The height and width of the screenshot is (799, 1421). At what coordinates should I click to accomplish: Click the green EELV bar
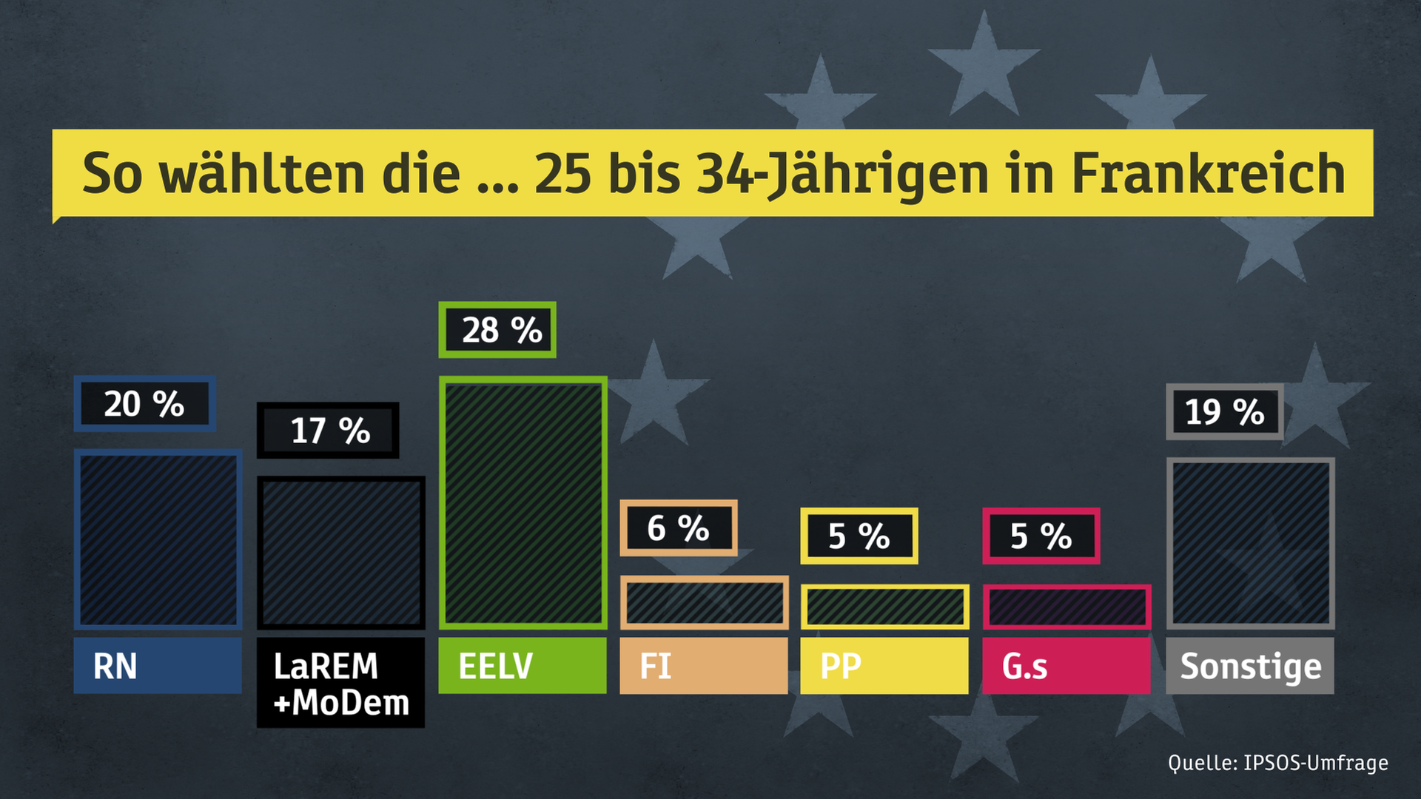point(523,503)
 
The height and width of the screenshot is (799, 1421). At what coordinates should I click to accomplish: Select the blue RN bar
point(158,539)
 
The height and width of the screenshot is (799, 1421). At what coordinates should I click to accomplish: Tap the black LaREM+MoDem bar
point(340,553)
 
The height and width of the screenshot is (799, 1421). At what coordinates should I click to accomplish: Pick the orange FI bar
point(704,602)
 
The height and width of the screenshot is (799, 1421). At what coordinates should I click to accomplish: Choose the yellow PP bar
point(884,607)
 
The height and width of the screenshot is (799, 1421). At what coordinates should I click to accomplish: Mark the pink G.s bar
point(1066,607)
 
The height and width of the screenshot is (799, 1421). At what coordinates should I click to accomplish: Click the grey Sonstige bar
point(1250,544)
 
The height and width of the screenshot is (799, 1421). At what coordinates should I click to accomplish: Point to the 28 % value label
point(497,330)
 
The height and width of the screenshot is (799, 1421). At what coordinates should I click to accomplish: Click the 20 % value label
point(144,404)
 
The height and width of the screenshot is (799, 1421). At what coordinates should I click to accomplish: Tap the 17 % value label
point(328,431)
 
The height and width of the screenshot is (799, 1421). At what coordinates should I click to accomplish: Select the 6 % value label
point(678,528)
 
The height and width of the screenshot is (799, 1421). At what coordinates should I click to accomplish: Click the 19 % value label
point(1224,412)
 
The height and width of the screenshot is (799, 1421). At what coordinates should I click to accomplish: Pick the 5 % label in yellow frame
point(859,536)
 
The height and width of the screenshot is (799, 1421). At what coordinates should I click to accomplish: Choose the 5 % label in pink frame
point(1041,536)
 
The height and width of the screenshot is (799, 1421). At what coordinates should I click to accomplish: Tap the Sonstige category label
point(1250,666)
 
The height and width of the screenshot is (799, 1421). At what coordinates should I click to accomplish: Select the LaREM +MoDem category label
point(340,684)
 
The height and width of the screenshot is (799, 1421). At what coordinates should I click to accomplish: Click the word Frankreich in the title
point(1208,174)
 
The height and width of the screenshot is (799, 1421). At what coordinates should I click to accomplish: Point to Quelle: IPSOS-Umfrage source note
point(1277,763)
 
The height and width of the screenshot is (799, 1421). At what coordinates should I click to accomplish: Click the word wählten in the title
point(263,174)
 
